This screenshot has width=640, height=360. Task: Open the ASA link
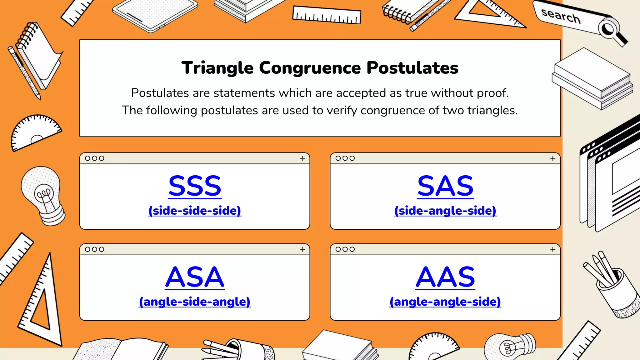[x=195, y=277]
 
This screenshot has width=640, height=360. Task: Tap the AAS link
[x=445, y=277]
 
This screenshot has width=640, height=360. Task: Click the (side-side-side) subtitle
[x=195, y=211]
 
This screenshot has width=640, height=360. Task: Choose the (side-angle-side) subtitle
[x=445, y=211]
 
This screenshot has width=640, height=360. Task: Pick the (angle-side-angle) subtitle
[x=195, y=302]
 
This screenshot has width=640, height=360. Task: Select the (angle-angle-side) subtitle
[x=445, y=302]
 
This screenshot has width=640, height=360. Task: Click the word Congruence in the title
[x=310, y=68]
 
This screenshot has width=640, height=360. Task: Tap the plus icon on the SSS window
[x=302, y=158]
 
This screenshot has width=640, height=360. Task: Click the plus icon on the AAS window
[x=553, y=249]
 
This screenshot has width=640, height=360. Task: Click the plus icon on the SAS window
[x=553, y=158]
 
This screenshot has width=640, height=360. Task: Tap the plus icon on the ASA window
[x=302, y=249]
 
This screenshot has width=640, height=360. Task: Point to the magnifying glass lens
[x=608, y=29]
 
